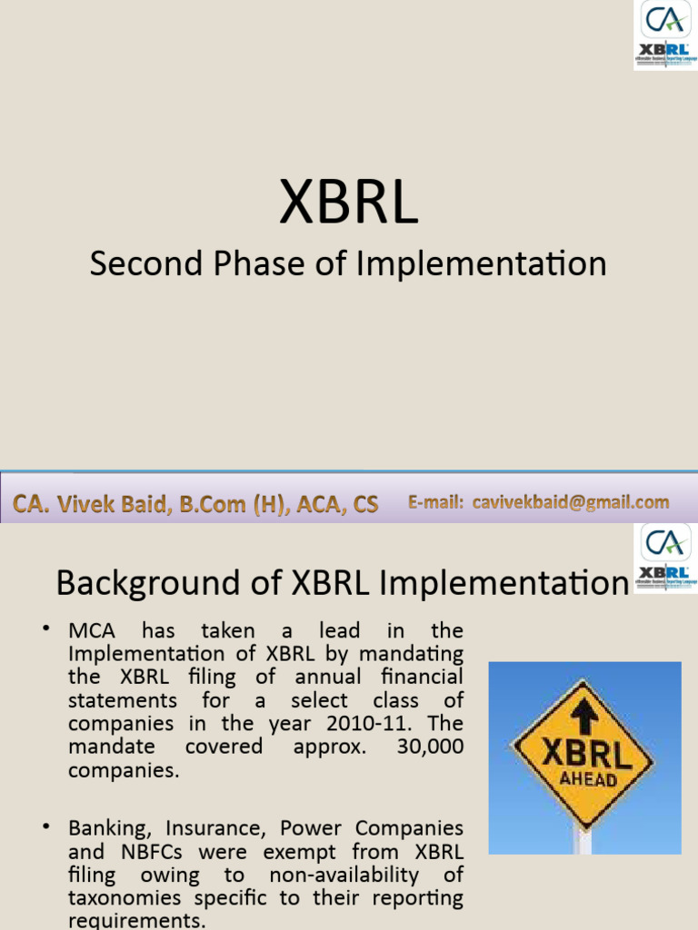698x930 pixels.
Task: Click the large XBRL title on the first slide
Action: pos(348,203)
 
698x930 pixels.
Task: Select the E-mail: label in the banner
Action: pos(436,502)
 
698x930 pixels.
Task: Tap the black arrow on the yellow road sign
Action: pos(584,717)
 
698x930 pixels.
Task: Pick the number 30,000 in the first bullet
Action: pos(430,747)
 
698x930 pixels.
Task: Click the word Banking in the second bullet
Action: pos(107,828)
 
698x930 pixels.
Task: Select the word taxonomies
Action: pos(120,898)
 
